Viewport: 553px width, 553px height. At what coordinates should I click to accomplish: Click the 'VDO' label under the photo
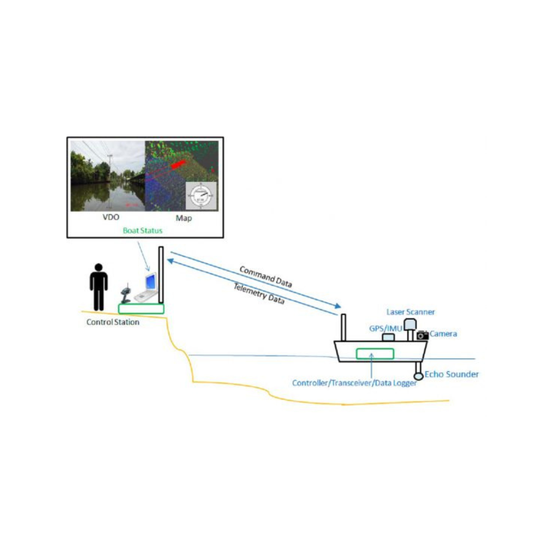coord(111,217)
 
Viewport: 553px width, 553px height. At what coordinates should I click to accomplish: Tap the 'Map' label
coord(184,218)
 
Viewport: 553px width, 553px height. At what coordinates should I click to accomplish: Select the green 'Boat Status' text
coord(142,230)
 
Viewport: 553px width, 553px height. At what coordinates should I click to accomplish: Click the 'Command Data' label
coord(266,276)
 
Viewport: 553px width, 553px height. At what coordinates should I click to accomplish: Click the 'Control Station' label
coord(113,322)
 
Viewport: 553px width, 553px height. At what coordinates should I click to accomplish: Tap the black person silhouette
coord(99,287)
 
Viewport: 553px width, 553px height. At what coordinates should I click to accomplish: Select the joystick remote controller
coord(126,293)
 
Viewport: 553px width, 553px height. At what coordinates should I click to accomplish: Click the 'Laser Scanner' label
coord(411,312)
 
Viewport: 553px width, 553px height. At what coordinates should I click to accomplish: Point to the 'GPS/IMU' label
coord(385,329)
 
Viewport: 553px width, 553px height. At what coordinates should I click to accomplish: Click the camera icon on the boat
coord(423,335)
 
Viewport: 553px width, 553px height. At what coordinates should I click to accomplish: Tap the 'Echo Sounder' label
coord(452,374)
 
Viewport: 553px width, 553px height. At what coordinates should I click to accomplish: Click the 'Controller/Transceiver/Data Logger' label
coord(354,383)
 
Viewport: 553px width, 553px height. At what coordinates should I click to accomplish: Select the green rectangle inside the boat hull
coord(375,353)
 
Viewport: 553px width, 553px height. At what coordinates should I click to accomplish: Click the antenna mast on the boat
coord(343,328)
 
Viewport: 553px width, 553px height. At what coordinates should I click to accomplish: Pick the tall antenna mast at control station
coord(161,275)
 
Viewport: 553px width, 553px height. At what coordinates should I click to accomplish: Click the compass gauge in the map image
coord(201,196)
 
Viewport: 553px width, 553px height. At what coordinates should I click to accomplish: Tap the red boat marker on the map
coord(178,165)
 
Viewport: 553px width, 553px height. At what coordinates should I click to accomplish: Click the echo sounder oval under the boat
coord(419,376)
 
